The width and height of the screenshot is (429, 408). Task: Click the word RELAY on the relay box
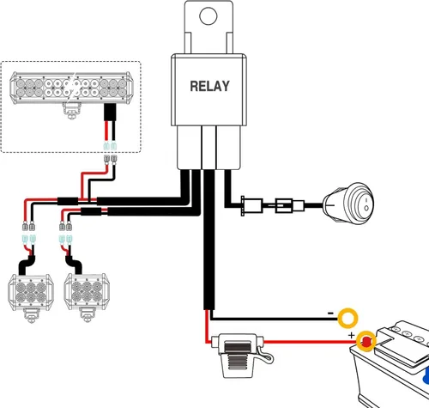[x=209, y=86]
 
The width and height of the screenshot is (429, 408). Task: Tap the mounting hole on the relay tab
[x=208, y=15]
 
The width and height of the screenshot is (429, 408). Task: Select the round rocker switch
[x=348, y=203]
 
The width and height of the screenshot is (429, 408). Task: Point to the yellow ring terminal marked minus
[x=347, y=318]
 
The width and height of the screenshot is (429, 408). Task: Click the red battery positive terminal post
[x=366, y=341]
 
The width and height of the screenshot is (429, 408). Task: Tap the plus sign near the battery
[x=352, y=335]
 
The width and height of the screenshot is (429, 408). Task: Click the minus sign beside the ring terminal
[x=330, y=314]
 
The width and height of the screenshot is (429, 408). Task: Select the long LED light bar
[x=71, y=88]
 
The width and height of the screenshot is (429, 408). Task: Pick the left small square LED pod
[x=31, y=292]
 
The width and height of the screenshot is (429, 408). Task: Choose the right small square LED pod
[x=87, y=291]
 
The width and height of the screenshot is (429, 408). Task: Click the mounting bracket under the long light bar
[x=71, y=111]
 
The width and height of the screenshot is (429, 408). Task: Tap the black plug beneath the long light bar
[x=110, y=113]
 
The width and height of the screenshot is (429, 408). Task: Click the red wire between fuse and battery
[x=310, y=342]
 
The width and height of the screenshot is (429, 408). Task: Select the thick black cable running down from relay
[x=208, y=240]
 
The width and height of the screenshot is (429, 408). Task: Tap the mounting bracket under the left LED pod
[x=31, y=316]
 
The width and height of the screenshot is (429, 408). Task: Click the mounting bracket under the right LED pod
[x=87, y=315]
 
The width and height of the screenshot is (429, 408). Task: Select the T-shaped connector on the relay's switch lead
[x=251, y=205]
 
